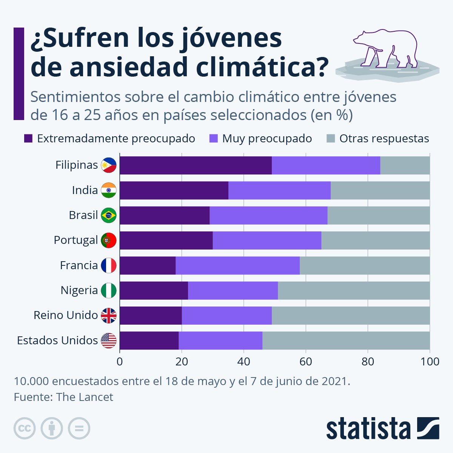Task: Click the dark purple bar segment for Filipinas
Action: tap(196, 165)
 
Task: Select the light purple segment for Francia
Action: tap(237, 265)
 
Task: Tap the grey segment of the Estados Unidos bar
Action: tap(346, 341)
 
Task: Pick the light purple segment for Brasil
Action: tap(268, 216)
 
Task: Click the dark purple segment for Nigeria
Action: tap(154, 290)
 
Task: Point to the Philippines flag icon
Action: tap(109, 165)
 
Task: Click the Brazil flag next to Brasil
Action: tap(109, 215)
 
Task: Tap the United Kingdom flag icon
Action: tap(109, 315)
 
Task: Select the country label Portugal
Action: tap(76, 240)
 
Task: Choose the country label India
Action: tap(85, 190)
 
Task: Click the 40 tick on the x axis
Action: tap(243, 362)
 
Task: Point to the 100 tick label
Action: tap(430, 362)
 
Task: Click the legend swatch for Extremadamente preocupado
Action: tap(28, 139)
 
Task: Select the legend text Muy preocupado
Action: tap(267, 139)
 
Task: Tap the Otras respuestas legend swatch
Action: tap(331, 139)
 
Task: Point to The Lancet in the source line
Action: tap(85, 397)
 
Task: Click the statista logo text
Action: tap(368, 428)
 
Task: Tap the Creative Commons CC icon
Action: tap(25, 428)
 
